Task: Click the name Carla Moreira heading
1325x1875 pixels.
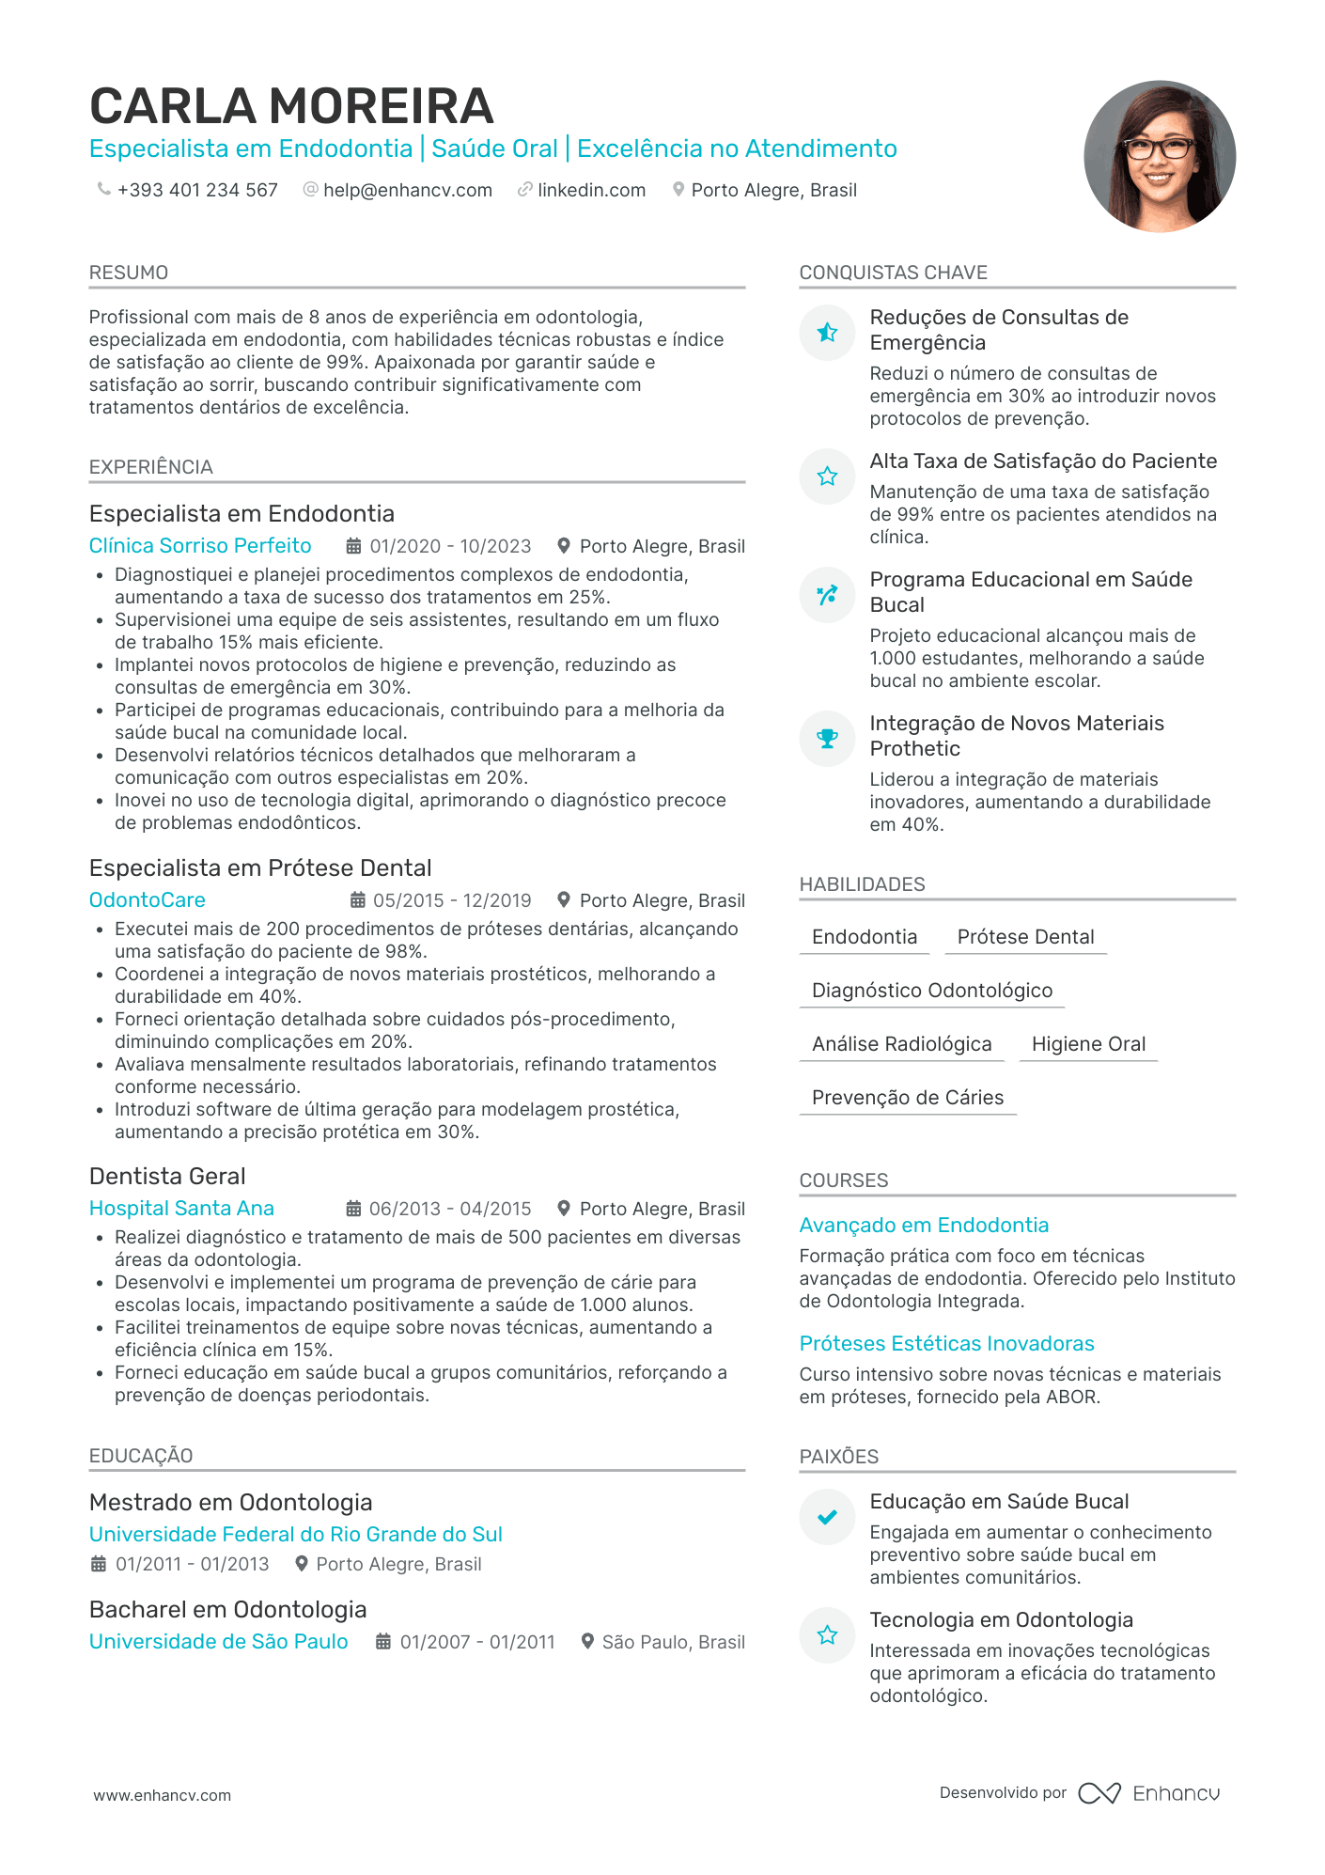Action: click(291, 106)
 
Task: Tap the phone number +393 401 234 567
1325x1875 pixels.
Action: click(197, 190)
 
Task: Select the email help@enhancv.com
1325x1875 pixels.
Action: click(407, 190)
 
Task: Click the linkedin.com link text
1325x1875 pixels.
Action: click(591, 190)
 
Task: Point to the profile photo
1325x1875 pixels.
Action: click(1159, 156)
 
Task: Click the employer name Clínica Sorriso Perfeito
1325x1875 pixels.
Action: click(200, 546)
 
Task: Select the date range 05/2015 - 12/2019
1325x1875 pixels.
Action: click(451, 900)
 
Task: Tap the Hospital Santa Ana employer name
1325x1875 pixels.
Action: click(181, 1209)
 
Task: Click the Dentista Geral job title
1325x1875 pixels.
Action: click(167, 1177)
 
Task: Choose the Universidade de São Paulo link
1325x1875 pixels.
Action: click(218, 1642)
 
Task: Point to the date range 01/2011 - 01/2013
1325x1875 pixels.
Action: click(192, 1564)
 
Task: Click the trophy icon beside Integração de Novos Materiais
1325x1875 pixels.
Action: click(827, 739)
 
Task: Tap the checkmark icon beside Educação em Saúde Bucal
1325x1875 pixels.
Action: click(827, 1517)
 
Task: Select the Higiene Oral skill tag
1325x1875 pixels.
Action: click(1088, 1044)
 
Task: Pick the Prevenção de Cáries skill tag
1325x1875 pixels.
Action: click(908, 1098)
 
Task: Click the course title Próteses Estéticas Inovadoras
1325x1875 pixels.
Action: click(946, 1344)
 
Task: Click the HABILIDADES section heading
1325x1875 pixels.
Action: click(862, 884)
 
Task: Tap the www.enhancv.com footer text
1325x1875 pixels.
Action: click(162, 1795)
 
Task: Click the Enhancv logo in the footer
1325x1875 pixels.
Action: click(1149, 1793)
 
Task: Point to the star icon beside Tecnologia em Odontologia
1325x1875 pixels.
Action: click(827, 1635)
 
